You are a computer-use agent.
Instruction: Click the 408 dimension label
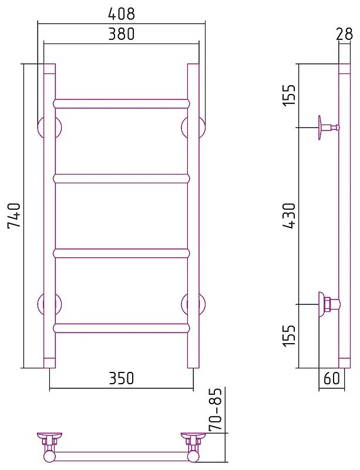tap(122, 14)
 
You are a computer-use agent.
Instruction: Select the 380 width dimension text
tap(122, 34)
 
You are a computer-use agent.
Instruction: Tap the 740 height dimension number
tap(14, 216)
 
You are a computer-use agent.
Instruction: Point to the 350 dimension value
tap(122, 378)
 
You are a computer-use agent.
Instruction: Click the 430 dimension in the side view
tap(290, 216)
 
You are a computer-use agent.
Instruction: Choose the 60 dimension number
tap(332, 378)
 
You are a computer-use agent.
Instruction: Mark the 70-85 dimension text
tap(215, 409)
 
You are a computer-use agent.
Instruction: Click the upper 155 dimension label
tap(290, 95)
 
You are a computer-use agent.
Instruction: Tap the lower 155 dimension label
tap(290, 335)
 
